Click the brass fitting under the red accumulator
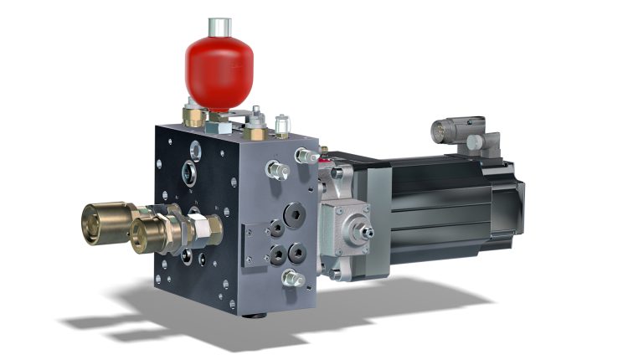click(194, 116)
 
